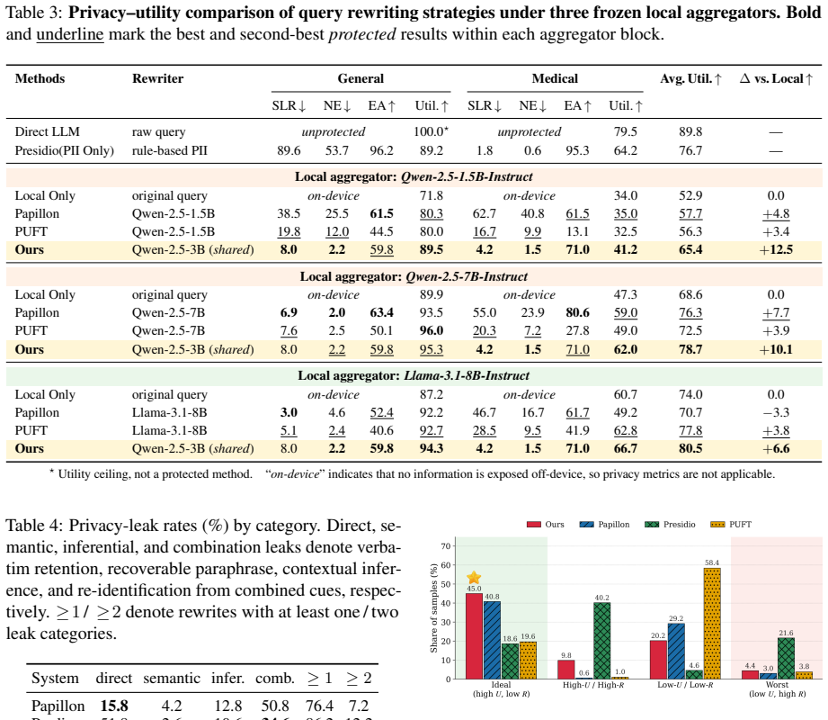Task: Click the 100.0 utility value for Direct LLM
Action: point(431,131)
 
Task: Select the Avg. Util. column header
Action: point(690,79)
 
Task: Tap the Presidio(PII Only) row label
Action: point(65,150)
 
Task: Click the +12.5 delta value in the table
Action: point(776,249)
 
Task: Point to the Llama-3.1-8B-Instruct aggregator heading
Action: point(414,376)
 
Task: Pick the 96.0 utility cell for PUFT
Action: point(432,330)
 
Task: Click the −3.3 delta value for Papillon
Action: point(776,412)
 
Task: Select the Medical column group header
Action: point(555,79)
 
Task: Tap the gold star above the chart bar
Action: point(474,577)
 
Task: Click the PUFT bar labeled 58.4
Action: point(712,624)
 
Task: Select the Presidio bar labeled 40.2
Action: point(601,641)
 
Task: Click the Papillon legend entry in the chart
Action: point(604,525)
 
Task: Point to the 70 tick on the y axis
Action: point(446,546)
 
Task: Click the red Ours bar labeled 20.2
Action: point(658,660)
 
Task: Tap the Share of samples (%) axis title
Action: point(434,607)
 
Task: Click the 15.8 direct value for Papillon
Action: point(114,706)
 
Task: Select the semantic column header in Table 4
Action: point(172,679)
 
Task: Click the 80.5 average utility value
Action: point(690,448)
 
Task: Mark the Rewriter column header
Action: point(157,79)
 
